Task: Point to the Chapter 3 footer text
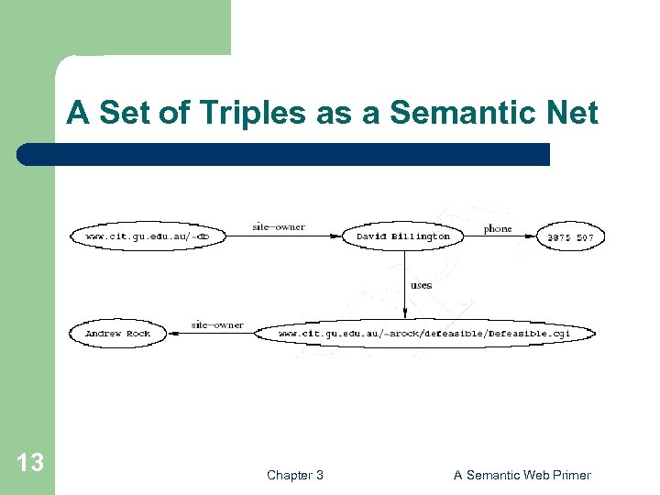tap(294, 475)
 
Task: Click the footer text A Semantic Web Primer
tap(522, 475)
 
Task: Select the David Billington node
tap(403, 236)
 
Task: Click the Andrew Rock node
tap(117, 334)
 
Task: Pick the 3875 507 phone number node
tap(570, 237)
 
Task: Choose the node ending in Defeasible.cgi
tap(423, 334)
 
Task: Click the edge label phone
tap(498, 228)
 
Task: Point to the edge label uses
tap(421, 285)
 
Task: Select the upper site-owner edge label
tap(279, 226)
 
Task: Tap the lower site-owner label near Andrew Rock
tap(217, 324)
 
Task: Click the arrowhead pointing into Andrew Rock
tap(171, 334)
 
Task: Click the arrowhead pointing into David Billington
tap(337, 236)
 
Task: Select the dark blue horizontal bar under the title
tap(284, 154)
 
